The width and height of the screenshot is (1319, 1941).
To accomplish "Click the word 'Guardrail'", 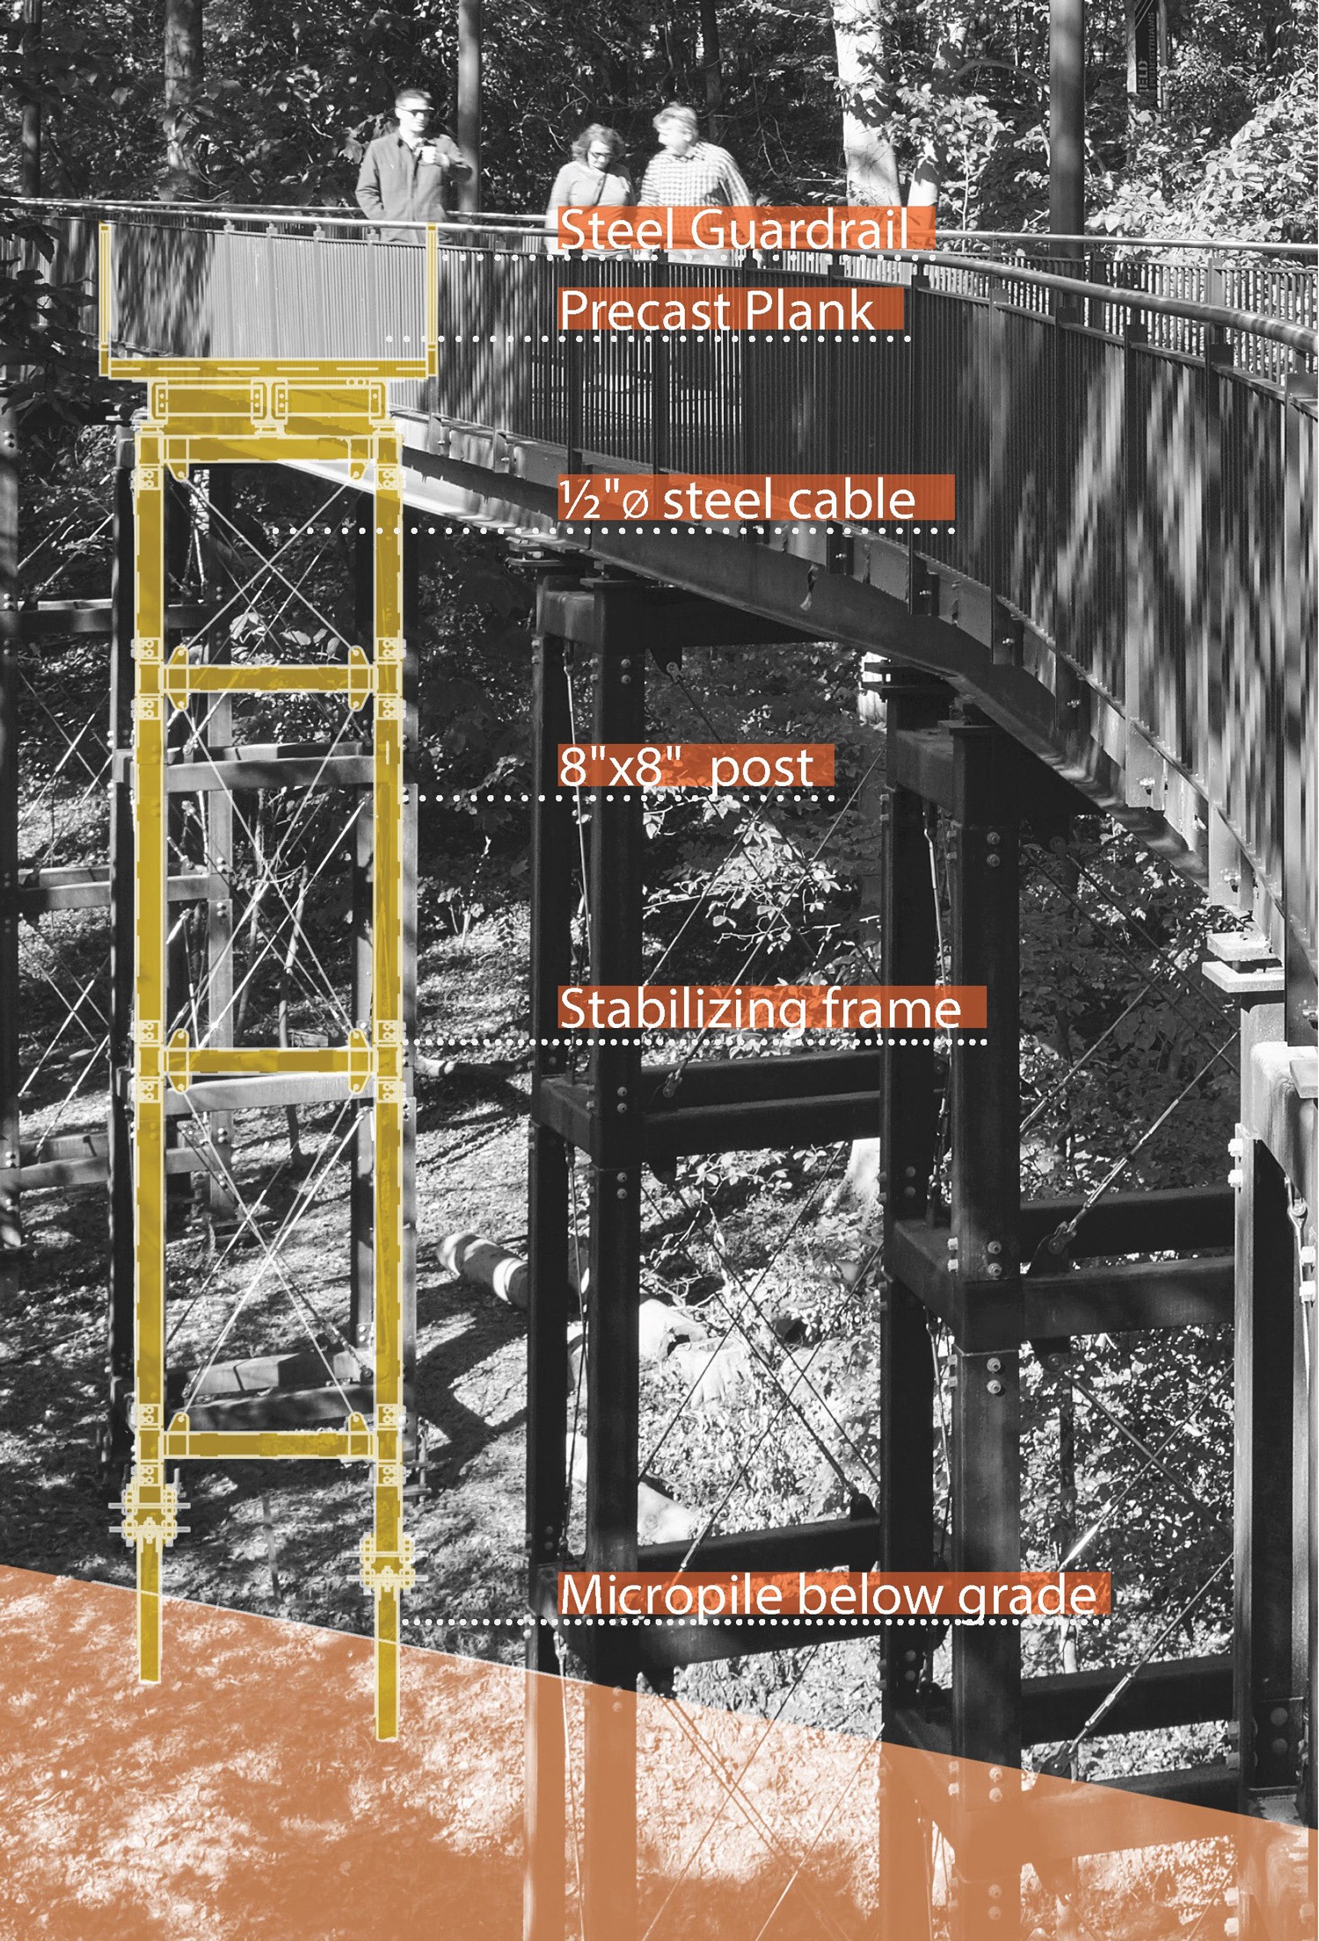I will (x=799, y=230).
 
